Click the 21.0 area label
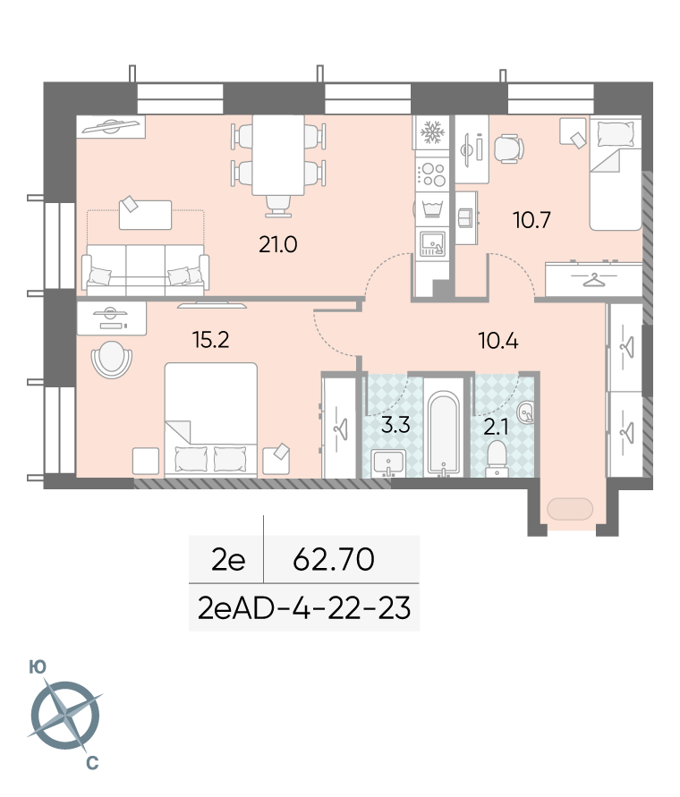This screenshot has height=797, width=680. point(277,244)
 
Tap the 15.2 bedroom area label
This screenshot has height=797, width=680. point(210,340)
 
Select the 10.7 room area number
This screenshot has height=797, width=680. point(531,220)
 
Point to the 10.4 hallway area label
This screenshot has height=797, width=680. point(497,341)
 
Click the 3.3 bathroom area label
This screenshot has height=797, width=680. point(395,424)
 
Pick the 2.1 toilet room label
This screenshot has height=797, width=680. point(496,428)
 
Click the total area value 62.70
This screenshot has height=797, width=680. point(334,559)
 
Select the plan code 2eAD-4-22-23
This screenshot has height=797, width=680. point(303,608)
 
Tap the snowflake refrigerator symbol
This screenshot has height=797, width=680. point(432,132)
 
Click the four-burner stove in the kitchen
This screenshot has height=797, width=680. point(432,174)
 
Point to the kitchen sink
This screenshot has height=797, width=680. point(432,243)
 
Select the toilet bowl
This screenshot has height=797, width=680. point(497,457)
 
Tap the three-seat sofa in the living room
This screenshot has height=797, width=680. point(146,270)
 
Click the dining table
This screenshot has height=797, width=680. point(278,156)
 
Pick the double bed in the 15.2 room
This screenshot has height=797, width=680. point(210,420)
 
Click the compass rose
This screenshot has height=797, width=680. point(65,716)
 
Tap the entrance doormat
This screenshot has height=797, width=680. point(570,509)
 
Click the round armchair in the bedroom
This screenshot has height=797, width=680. point(111,359)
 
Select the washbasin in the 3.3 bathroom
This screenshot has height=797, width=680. point(388,463)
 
